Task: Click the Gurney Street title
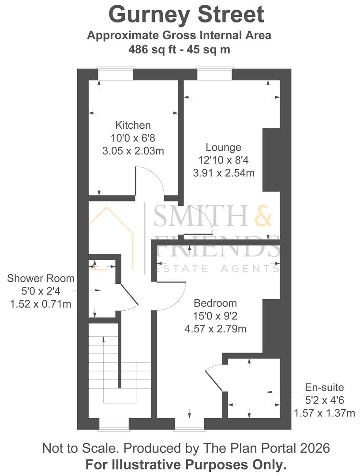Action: (186, 15)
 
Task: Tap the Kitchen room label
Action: (133, 125)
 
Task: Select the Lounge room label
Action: (224, 147)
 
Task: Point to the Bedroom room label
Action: (215, 303)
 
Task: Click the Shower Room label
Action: (41, 278)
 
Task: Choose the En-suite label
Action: (324, 387)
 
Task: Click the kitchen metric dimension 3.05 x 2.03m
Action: (133, 151)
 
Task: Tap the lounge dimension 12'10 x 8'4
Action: (224, 160)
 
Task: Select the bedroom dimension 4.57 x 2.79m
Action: (215, 329)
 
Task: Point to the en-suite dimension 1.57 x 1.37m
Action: (324, 413)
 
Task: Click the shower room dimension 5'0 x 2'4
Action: (41, 291)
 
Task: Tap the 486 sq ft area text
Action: (152, 49)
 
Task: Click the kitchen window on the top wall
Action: (116, 74)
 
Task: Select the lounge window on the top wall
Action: (214, 74)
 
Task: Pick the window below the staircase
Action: (114, 424)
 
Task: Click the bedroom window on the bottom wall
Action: (189, 424)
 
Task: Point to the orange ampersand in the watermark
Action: (263, 216)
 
